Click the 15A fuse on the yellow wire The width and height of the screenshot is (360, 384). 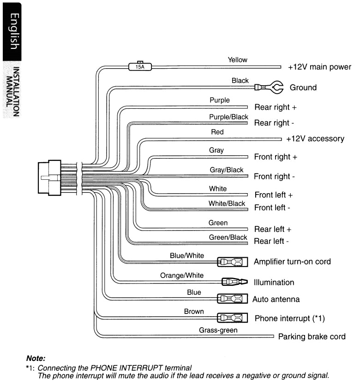point(139,66)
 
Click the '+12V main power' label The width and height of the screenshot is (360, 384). point(319,67)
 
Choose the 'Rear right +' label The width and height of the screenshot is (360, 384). point(276,107)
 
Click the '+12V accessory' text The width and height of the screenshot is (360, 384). point(315,139)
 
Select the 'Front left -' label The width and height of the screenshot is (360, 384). point(272,208)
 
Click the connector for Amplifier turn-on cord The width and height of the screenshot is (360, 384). point(232,262)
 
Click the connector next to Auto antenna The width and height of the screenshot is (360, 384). point(232,299)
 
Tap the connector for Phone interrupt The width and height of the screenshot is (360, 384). point(232,318)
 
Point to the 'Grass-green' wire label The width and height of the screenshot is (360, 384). point(218,330)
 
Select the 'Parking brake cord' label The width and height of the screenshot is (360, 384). point(312,337)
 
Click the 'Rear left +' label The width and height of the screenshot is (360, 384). point(273,229)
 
